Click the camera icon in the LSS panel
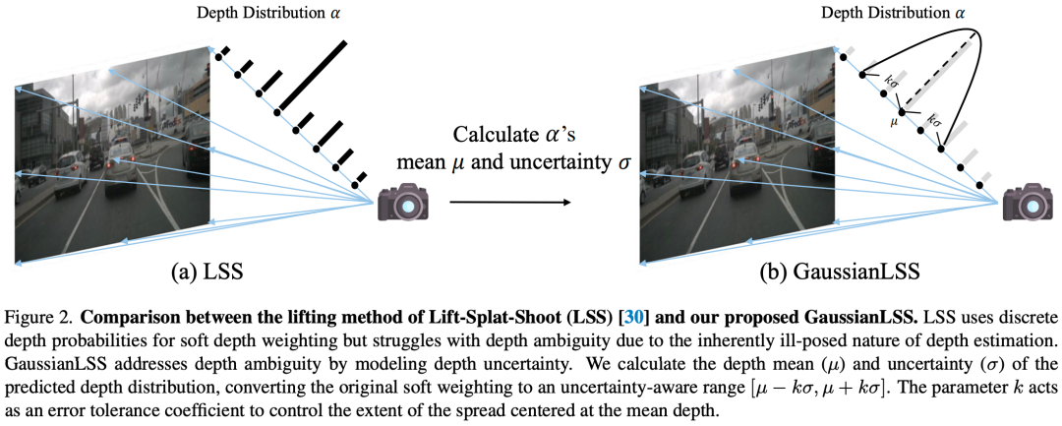[403, 206]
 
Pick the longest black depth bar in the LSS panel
[313, 76]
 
